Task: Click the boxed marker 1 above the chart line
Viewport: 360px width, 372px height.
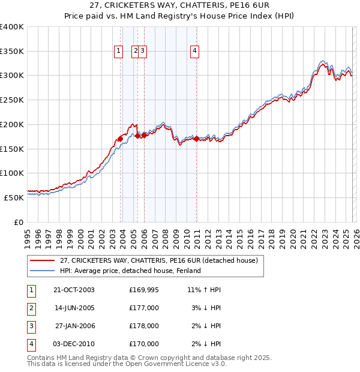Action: [x=119, y=52]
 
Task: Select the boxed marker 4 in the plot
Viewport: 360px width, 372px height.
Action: [x=195, y=52]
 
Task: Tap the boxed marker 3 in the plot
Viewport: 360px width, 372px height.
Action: [x=144, y=52]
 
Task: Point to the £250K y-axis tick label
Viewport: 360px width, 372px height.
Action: [x=12, y=100]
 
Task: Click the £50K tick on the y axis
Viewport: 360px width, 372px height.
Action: [x=14, y=197]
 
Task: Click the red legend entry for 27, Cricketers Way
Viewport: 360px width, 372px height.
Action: [x=158, y=260]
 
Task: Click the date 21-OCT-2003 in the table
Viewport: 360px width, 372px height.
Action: [x=74, y=290]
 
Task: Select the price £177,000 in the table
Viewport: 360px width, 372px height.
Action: [x=144, y=308]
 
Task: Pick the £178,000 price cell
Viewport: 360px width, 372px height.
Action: [x=144, y=326]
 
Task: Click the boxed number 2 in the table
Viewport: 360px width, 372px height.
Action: [x=31, y=308]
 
